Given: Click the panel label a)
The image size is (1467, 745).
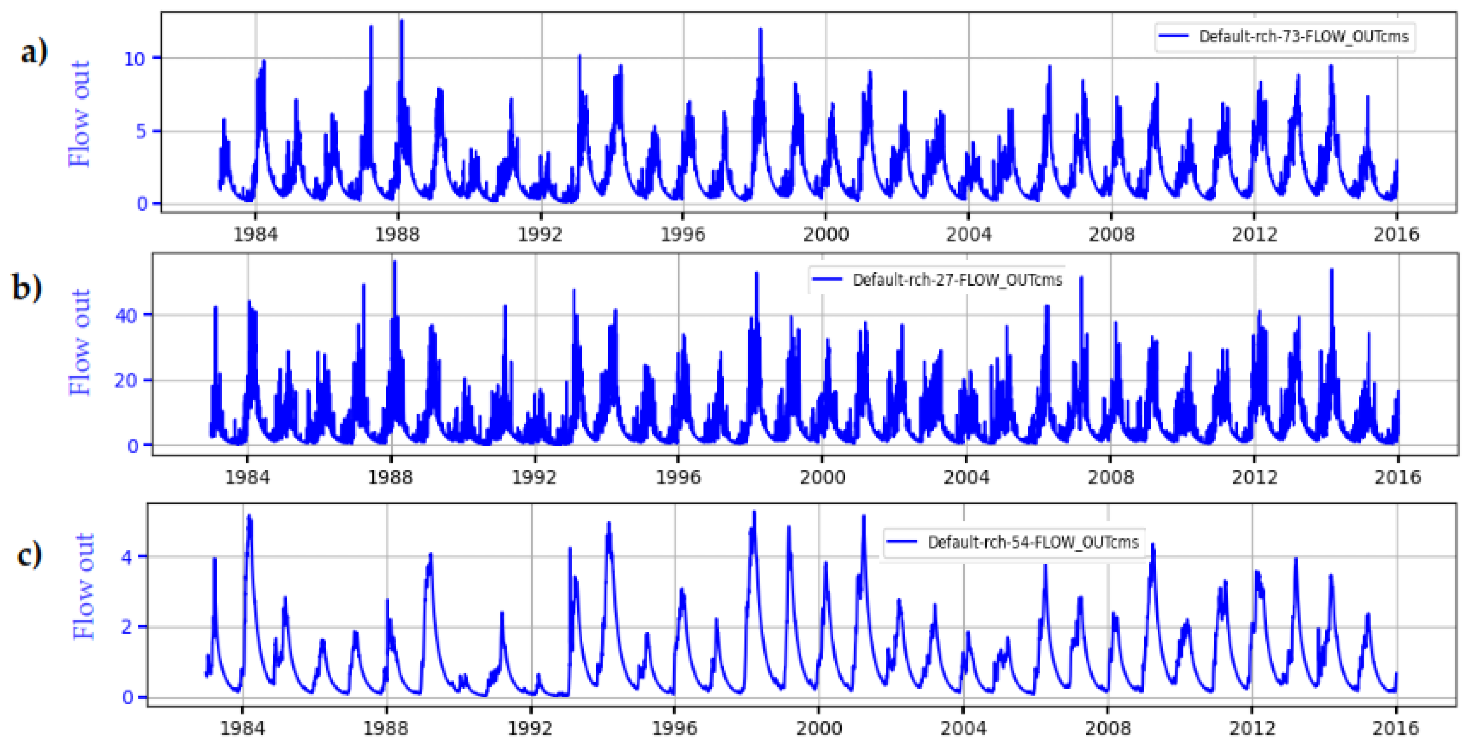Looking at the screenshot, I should click(x=34, y=53).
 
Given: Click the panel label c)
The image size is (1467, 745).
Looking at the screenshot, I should click(x=29, y=554).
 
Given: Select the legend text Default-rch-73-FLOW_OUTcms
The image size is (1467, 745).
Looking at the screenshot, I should click(x=1303, y=36).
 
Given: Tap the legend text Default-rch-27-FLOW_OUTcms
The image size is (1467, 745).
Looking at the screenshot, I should click(x=957, y=280).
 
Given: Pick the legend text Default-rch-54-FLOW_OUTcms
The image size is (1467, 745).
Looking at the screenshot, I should click(x=1032, y=542).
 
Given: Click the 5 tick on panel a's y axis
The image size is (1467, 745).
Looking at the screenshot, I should click(x=141, y=131).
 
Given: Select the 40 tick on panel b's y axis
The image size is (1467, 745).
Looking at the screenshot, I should click(x=126, y=315).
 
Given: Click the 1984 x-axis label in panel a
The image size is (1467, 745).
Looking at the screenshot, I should click(x=256, y=234).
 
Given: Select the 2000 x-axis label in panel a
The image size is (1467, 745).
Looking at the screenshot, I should click(x=826, y=234).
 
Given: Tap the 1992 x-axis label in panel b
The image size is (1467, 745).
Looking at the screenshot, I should click(x=534, y=476).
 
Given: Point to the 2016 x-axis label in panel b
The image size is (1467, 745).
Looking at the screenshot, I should click(x=1398, y=476).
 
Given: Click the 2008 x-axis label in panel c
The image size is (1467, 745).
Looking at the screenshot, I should click(x=1108, y=728).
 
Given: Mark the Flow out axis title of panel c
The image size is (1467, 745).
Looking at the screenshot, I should click(x=84, y=586).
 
